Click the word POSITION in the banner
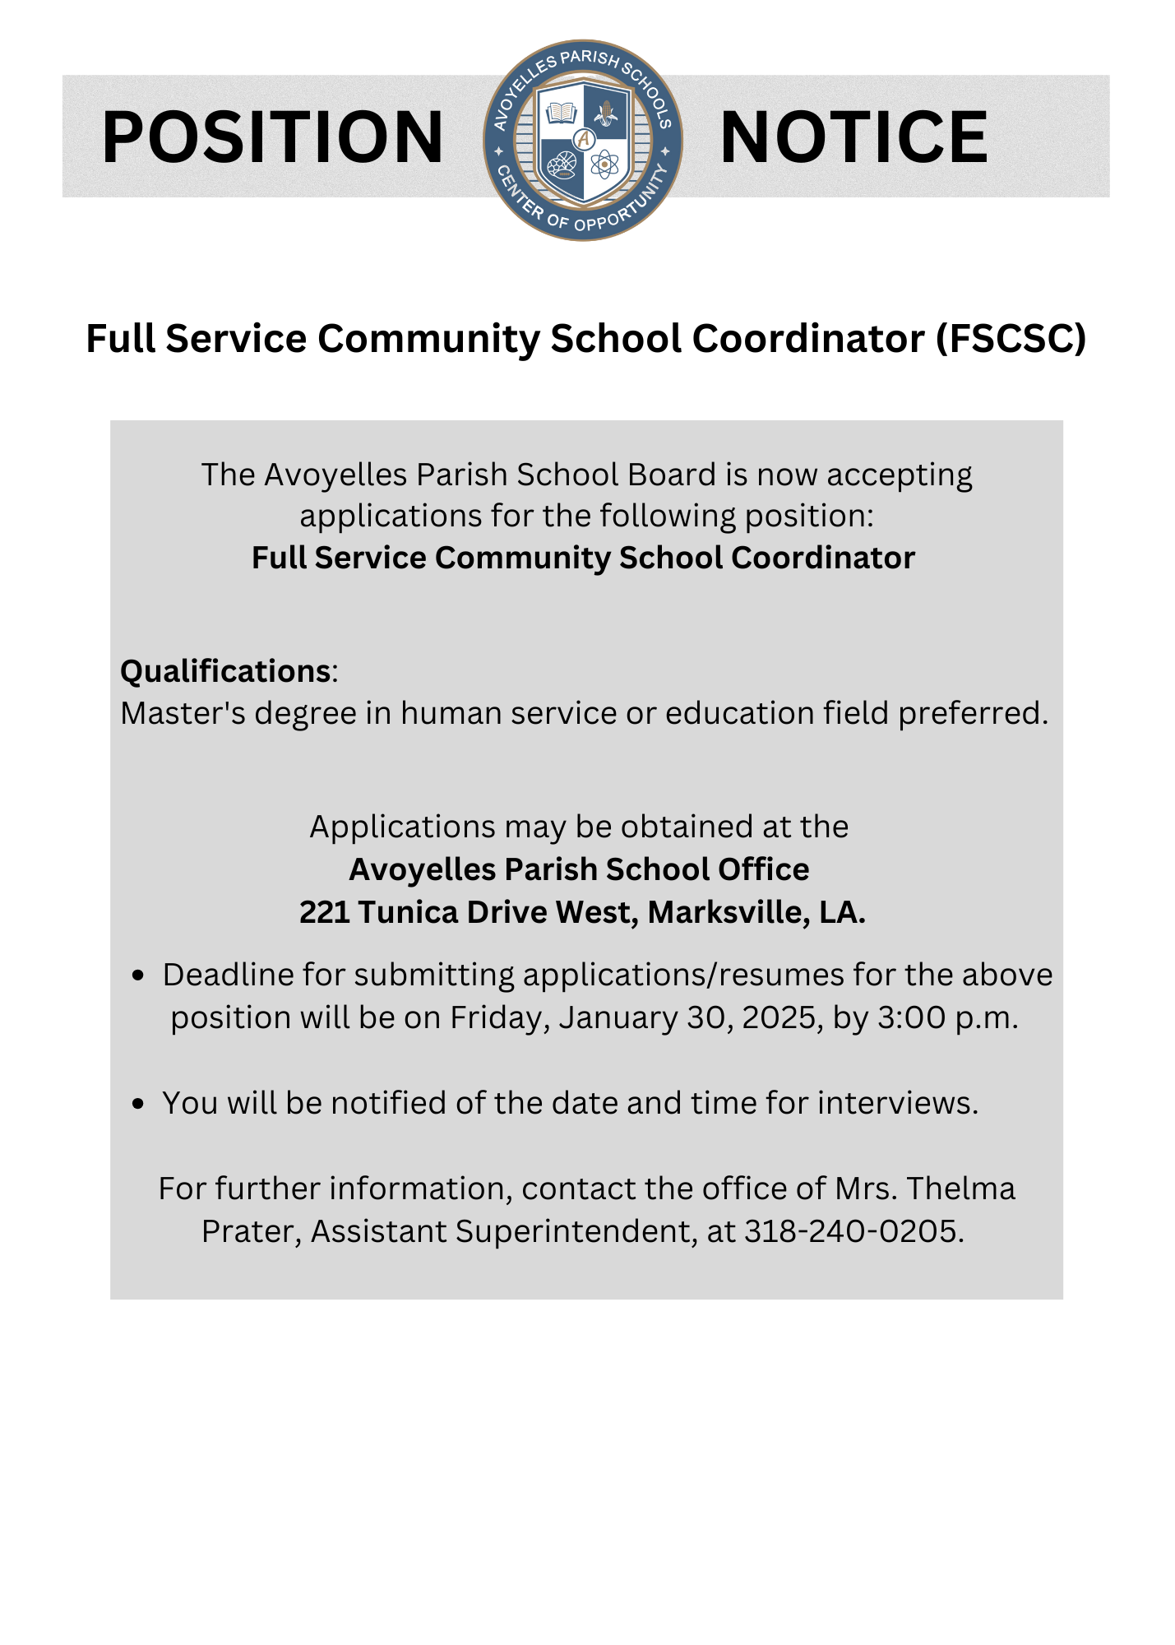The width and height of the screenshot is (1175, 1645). tap(272, 137)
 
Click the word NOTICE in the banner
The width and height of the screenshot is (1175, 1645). tap(853, 137)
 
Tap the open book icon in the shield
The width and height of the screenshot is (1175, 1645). tap(562, 112)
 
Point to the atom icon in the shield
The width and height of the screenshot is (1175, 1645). tap(604, 164)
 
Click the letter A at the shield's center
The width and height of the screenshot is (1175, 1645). tap(584, 139)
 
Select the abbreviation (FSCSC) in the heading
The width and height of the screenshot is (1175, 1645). tap(1011, 339)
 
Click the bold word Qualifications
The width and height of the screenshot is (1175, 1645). tap(225, 671)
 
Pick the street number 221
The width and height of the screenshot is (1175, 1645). tap(324, 912)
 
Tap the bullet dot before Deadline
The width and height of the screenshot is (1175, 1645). tap(138, 975)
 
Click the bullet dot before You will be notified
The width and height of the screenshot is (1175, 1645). tap(138, 1104)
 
